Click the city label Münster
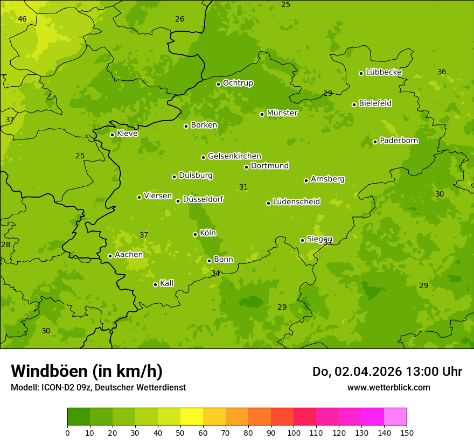click(x=282, y=113)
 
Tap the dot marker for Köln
click(x=195, y=234)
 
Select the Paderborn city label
click(x=399, y=141)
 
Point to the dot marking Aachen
click(x=110, y=256)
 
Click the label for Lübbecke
click(x=384, y=72)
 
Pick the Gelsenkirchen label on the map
click(x=234, y=156)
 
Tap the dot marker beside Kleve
click(x=112, y=135)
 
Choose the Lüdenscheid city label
click(x=296, y=202)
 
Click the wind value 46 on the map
click(x=22, y=19)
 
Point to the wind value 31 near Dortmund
click(x=243, y=187)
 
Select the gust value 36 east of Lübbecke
click(x=442, y=72)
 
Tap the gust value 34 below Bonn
click(x=215, y=273)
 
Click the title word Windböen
click(x=49, y=371)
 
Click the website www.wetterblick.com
click(x=388, y=387)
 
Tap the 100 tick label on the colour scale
click(x=294, y=432)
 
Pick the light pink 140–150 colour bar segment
click(x=395, y=417)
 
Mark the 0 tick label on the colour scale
click(x=67, y=432)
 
